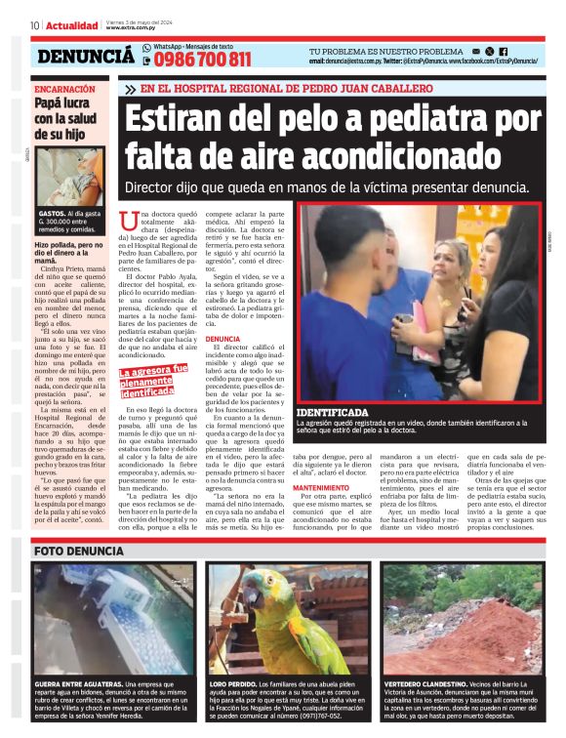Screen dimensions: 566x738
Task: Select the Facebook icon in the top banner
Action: [503, 51]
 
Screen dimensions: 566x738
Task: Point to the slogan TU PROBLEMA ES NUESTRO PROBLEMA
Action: [385, 51]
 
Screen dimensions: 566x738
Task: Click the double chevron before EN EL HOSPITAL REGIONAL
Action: [130, 89]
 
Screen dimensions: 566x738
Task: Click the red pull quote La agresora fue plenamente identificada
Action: [153, 377]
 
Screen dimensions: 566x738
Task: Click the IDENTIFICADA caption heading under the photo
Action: [340, 412]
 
